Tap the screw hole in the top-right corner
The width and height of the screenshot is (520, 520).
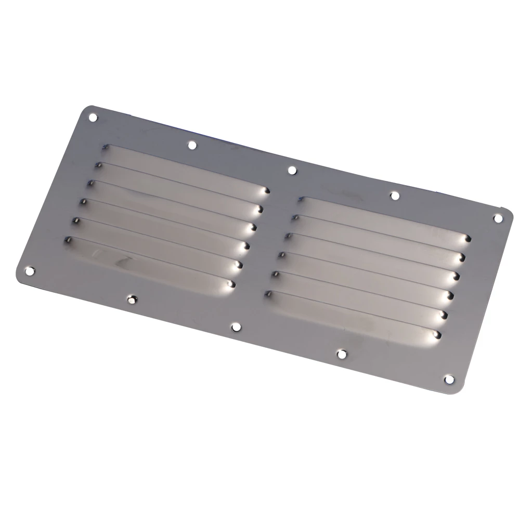tap(498, 218)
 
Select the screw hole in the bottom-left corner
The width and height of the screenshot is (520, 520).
tap(30, 271)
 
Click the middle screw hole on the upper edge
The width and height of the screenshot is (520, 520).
tap(292, 170)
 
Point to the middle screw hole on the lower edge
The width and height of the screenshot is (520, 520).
tap(236, 327)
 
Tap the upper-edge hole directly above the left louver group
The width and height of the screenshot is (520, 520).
tap(192, 145)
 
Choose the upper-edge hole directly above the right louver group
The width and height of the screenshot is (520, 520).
tap(394, 196)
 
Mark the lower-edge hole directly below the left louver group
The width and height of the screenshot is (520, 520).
tap(132, 299)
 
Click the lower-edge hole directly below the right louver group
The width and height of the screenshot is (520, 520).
tap(341, 354)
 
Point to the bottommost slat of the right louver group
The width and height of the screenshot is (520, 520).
tap(354, 315)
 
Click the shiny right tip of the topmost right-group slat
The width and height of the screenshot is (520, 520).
tap(466, 239)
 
